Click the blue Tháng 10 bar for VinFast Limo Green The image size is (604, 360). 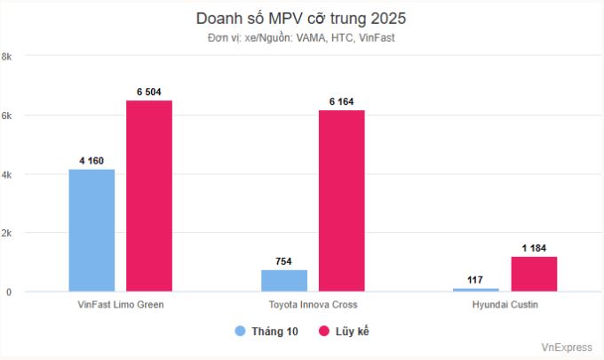click(91, 230)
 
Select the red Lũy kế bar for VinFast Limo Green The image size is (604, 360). click(149, 196)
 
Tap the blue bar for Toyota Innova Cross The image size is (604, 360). click(284, 280)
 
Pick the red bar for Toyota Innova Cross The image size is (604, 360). click(341, 200)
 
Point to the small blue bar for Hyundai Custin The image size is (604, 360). click(476, 289)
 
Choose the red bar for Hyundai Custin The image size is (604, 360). click(534, 274)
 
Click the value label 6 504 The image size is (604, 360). click(149, 92)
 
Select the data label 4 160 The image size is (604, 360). click(91, 160)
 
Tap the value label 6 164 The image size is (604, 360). click(341, 101)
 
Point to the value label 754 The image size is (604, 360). click(284, 260)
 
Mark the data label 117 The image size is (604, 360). click(476, 279)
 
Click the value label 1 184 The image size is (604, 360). click(534, 248)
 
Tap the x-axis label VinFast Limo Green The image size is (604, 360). click(121, 305)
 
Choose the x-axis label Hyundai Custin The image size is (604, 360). click(505, 305)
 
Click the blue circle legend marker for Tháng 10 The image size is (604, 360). click(240, 331)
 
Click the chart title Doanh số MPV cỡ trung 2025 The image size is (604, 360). click(301, 19)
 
